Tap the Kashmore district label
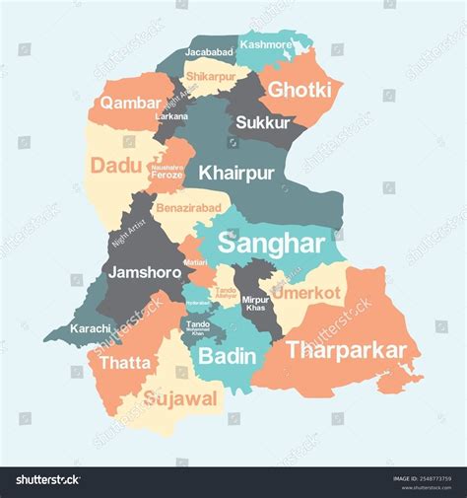pos(266,45)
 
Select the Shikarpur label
pos(211,75)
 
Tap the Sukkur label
pos(262,123)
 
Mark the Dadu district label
pos(116,165)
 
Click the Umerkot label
pos(305,293)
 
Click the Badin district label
pos(228,357)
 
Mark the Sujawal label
pos(180,398)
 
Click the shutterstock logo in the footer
pos(47,480)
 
